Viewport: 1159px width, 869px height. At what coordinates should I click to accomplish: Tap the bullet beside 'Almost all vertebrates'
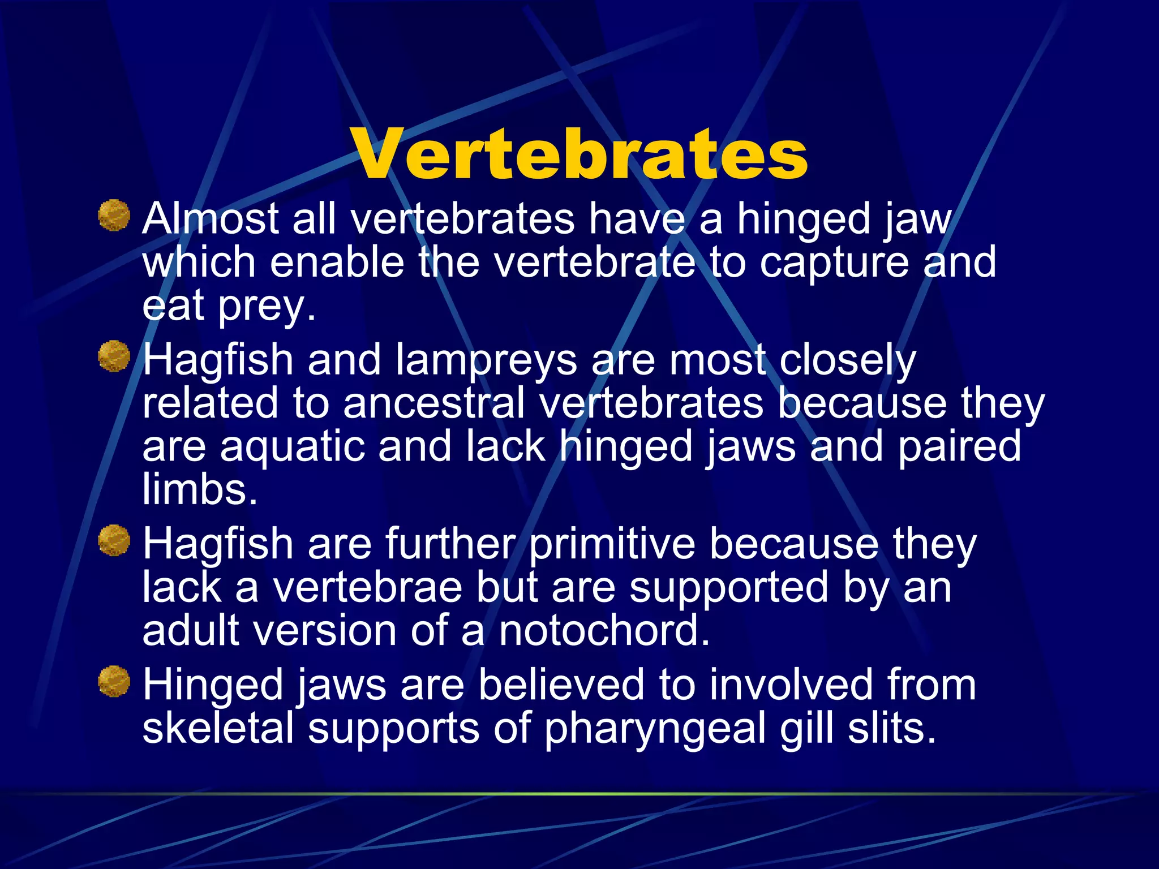[x=114, y=216]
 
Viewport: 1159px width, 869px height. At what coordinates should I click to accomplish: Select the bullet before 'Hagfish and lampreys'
[x=114, y=356]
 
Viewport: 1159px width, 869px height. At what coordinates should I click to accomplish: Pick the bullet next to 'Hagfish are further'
[x=114, y=540]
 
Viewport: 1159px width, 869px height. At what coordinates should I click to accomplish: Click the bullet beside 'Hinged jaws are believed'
[x=114, y=681]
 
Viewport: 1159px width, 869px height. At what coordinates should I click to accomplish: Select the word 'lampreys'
[x=486, y=360]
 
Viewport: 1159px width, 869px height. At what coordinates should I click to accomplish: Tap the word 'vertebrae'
[x=367, y=587]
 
